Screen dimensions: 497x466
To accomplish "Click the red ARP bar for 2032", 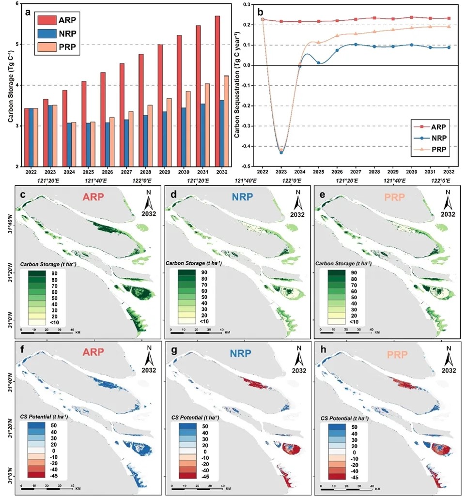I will (x=217, y=91).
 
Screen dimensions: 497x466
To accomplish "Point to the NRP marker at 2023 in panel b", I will (x=281, y=152).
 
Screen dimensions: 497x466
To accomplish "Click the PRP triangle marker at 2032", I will (x=449, y=27).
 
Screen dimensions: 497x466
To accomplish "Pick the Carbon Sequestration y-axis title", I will (x=237, y=85).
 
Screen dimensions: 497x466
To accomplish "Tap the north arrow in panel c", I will (x=148, y=200).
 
